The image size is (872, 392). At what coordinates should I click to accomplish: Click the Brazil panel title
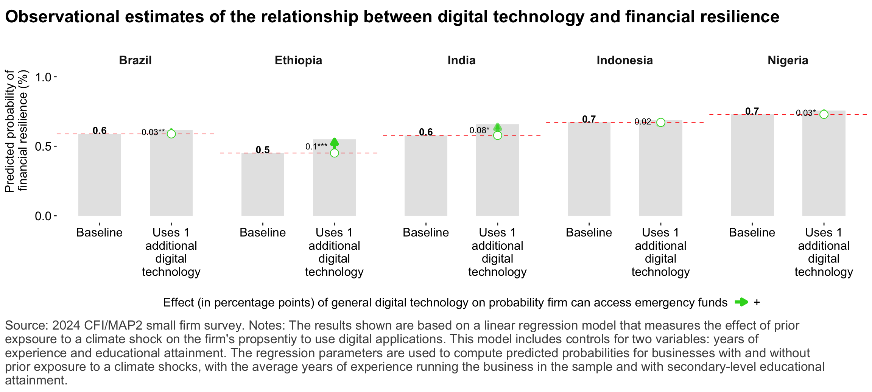pos(135,61)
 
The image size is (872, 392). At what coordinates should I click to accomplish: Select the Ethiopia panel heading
pos(298,61)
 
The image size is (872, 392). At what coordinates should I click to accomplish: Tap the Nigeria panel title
pos(788,61)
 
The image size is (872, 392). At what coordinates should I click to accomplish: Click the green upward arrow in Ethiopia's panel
pos(334,143)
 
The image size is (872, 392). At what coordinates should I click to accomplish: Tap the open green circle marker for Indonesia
pos(660,122)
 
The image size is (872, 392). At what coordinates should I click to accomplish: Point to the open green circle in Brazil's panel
pos(171,134)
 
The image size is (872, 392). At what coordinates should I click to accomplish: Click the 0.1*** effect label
pos(316,147)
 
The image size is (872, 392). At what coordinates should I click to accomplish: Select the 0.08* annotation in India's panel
pos(479,131)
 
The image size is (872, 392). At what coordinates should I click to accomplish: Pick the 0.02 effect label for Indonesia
pos(643,121)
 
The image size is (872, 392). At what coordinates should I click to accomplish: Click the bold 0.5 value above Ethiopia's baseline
pos(263,150)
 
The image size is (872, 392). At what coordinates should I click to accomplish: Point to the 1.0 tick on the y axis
pos(43,77)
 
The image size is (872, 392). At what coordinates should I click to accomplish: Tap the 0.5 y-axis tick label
pos(43,146)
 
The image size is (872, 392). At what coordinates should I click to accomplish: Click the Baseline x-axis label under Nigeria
pos(752,232)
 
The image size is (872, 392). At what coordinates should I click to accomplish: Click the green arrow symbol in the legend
pos(741,302)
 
